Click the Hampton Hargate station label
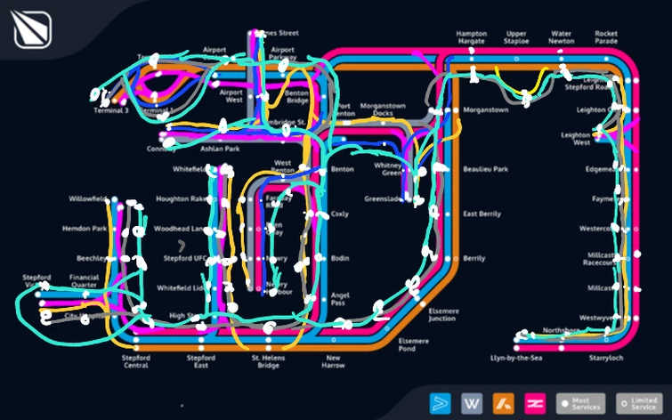(471, 37)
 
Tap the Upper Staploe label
(517, 37)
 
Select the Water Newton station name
(562, 37)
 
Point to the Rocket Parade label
(606, 37)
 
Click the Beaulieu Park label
(485, 169)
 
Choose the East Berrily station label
(482, 214)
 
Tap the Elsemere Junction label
(442, 315)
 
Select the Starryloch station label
(606, 358)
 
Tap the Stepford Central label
(135, 361)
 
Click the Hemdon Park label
(85, 229)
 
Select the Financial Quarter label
(85, 281)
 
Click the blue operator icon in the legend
(440, 404)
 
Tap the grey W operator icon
(471, 404)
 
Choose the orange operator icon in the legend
(502, 404)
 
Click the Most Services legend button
(579, 404)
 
